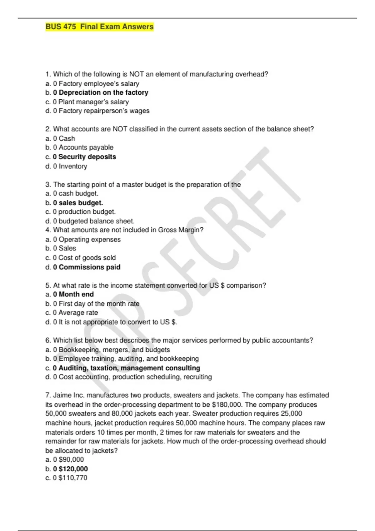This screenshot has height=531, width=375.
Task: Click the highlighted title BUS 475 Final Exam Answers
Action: click(99, 27)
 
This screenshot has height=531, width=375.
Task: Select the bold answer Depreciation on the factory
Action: click(103, 92)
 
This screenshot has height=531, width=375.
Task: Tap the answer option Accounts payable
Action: click(86, 147)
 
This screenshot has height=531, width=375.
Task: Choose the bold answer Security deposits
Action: click(87, 157)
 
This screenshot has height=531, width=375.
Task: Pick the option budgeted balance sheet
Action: click(96, 221)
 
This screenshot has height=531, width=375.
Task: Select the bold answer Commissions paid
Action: click(89, 267)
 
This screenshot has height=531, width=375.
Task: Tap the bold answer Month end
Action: click(76, 294)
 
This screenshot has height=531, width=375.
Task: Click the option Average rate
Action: click(78, 313)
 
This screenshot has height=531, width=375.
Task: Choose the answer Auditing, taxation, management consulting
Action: click(129, 368)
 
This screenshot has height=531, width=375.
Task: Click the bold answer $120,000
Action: click(73, 469)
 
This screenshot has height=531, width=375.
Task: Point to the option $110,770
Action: click(73, 478)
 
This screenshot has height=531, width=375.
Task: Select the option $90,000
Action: click(71, 459)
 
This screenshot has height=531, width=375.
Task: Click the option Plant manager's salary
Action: click(93, 102)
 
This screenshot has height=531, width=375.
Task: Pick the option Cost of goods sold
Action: click(87, 258)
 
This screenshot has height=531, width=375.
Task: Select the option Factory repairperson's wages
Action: click(104, 111)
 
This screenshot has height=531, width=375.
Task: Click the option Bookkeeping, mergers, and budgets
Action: click(114, 350)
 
